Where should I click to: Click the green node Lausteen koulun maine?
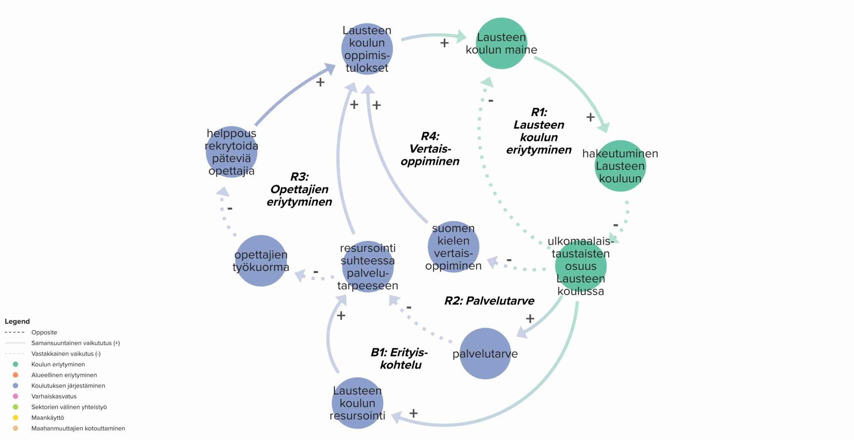pyautogui.click(x=501, y=43)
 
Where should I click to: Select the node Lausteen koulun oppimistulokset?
pyautogui.click(x=367, y=49)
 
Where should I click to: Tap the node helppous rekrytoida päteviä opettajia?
pyautogui.click(x=231, y=152)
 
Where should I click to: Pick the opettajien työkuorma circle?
pyautogui.click(x=261, y=261)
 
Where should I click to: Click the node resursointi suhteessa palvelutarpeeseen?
pyautogui.click(x=368, y=267)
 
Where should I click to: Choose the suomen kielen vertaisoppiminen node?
pyautogui.click(x=453, y=247)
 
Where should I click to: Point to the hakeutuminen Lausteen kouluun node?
pyautogui.click(x=620, y=166)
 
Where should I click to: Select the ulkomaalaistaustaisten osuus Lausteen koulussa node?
pyautogui.click(x=580, y=266)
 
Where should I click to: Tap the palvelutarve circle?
pyautogui.click(x=485, y=354)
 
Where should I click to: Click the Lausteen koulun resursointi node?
pyautogui.click(x=357, y=403)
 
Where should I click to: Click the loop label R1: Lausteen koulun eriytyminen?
pyautogui.click(x=539, y=131)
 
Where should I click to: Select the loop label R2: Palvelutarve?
pyautogui.click(x=489, y=301)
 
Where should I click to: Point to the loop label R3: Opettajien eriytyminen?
pyautogui.click(x=299, y=189)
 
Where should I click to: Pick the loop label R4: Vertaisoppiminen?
pyautogui.click(x=430, y=149)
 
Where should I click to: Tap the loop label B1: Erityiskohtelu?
pyautogui.click(x=399, y=358)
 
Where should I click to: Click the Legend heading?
pyautogui.click(x=17, y=321)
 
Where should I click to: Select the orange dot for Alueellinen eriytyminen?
pyautogui.click(x=15, y=375)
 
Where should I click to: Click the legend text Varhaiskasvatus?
pyautogui.click(x=54, y=396)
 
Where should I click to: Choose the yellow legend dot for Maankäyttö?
pyautogui.click(x=15, y=417)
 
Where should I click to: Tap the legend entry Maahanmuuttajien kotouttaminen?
pyautogui.click(x=78, y=428)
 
